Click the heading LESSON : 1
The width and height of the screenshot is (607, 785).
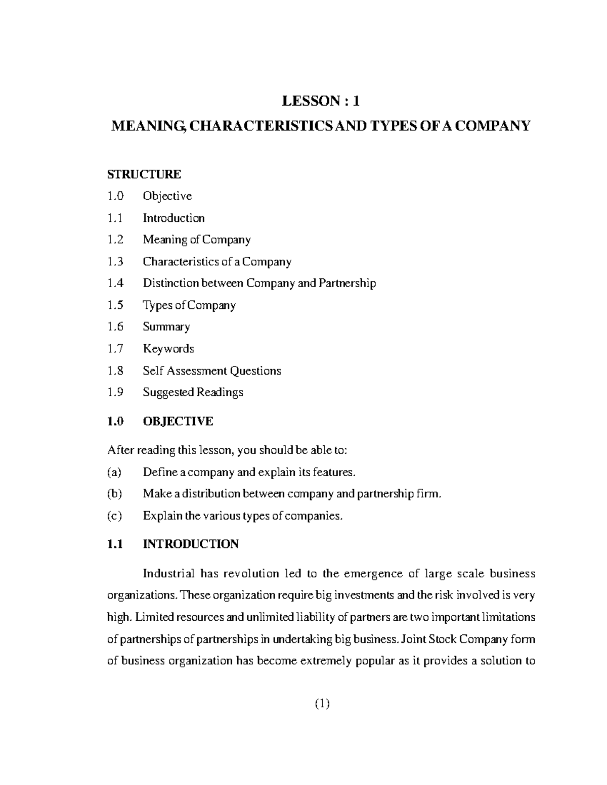(321, 102)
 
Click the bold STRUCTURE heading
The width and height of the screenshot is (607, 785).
(144, 174)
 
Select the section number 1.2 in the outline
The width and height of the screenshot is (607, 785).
(115, 240)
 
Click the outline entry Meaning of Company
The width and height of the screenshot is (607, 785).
(196, 240)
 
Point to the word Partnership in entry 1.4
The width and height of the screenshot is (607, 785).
(347, 283)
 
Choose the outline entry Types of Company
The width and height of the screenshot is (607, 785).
(189, 305)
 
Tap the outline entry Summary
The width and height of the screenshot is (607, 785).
(166, 327)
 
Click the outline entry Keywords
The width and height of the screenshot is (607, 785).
(168, 349)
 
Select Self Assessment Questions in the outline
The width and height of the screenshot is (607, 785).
(211, 371)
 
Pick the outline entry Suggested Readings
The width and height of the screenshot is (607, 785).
(193, 392)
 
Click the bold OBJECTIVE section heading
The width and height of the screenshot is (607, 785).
(178, 422)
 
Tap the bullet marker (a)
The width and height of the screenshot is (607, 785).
(115, 473)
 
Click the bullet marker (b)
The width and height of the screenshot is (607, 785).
(115, 494)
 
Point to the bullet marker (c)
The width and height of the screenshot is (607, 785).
(115, 516)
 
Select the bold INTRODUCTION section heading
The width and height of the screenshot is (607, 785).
(190, 544)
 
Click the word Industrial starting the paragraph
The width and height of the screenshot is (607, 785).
(168, 574)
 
